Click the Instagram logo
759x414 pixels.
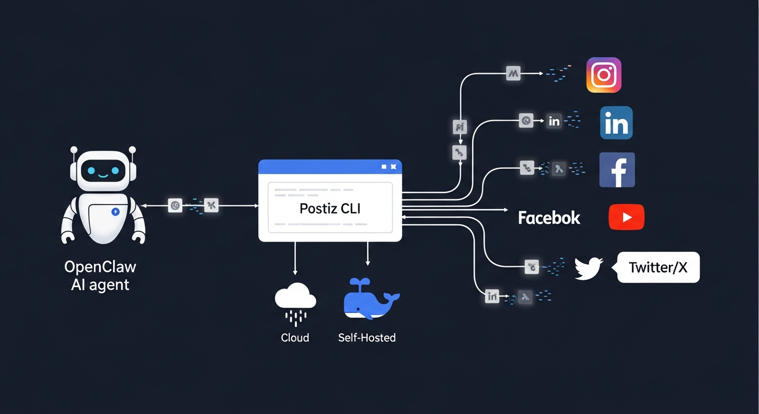pyautogui.click(x=604, y=75)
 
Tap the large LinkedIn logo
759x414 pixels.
pyautogui.click(x=616, y=123)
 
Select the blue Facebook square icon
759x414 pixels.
pyautogui.click(x=617, y=170)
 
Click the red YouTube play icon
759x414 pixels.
pyautogui.click(x=626, y=217)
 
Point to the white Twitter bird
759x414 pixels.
pyautogui.click(x=588, y=268)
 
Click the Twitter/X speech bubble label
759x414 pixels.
pyautogui.click(x=658, y=267)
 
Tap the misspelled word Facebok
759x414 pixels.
pyautogui.click(x=549, y=218)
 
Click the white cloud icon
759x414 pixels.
pyautogui.click(x=295, y=297)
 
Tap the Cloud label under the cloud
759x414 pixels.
pyautogui.click(x=295, y=338)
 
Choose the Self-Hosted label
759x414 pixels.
pyautogui.click(x=367, y=338)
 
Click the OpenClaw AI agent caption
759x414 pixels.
pyautogui.click(x=100, y=275)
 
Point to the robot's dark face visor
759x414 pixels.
pyautogui.click(x=103, y=171)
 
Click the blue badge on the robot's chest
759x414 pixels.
pyautogui.click(x=115, y=211)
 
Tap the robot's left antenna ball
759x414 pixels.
pyautogui.click(x=74, y=150)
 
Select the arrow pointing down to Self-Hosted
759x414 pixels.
pyautogui.click(x=368, y=255)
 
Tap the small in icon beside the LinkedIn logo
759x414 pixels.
pyautogui.click(x=554, y=121)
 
